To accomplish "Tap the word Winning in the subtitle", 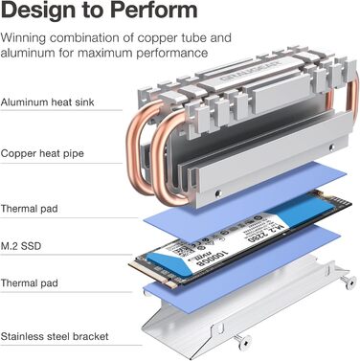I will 30,37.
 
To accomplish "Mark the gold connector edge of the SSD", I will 151,272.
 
